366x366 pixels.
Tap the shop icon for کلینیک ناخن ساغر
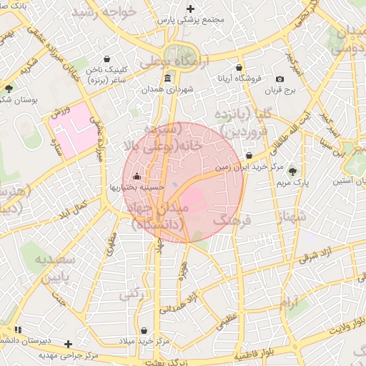107,59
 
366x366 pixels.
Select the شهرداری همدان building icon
167,78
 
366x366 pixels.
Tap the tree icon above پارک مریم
292,172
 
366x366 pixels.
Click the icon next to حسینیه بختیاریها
137,176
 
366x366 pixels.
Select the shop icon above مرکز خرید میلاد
146,331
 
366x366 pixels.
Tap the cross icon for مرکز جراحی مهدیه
69,344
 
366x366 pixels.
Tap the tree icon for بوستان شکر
9,89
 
